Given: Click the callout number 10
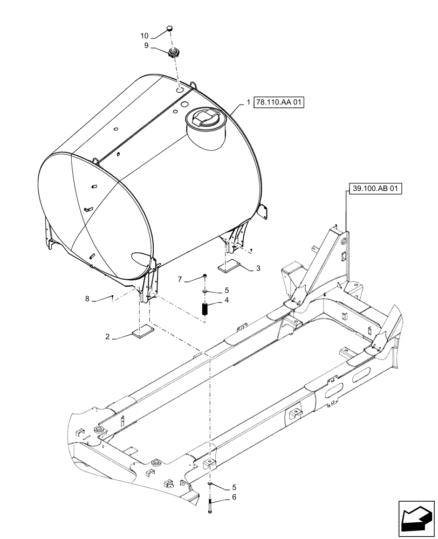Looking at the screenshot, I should [x=144, y=36].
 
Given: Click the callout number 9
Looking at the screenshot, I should [x=146, y=46].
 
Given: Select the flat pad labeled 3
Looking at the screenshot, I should [x=231, y=266].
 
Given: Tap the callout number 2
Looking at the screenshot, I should [x=108, y=337].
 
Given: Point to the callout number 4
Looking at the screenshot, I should [x=227, y=300].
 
